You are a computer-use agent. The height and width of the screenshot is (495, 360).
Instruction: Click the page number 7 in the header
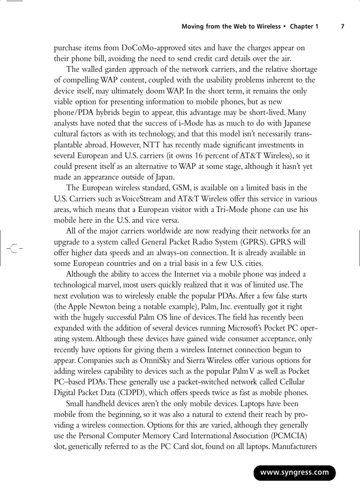343,26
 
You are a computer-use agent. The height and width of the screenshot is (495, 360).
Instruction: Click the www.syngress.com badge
294,473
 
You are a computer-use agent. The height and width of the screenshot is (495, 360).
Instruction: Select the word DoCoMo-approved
148,48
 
